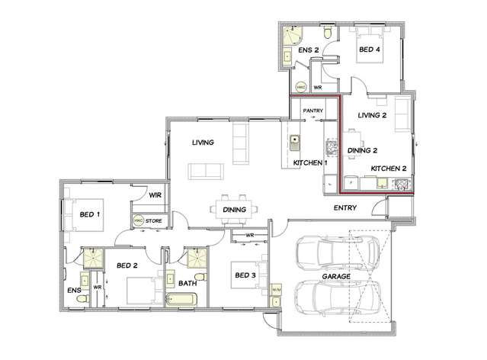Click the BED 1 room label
coord(90,215)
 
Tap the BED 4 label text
coord(370,50)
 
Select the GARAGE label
coord(337,277)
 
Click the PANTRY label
coord(314,112)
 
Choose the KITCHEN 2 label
coord(389,168)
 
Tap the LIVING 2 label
coord(373,115)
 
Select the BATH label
coord(187,284)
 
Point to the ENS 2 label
coord(308,50)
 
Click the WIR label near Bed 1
coord(153,196)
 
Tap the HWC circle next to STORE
coord(139,221)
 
